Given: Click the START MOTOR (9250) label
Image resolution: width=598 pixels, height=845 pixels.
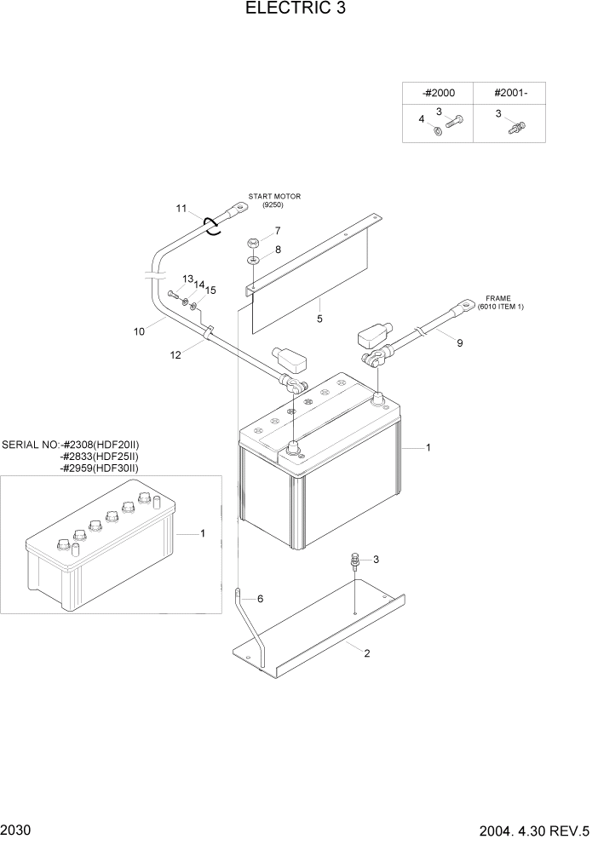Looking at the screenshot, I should [274, 201].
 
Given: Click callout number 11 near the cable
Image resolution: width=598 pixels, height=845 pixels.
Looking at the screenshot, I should [181, 208].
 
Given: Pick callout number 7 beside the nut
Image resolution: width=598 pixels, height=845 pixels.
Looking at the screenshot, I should [277, 231].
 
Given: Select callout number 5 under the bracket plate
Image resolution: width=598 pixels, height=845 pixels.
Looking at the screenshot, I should [319, 319].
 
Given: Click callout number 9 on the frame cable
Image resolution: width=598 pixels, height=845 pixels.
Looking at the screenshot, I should [460, 344].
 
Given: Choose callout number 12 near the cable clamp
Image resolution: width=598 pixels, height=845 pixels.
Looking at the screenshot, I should [175, 355].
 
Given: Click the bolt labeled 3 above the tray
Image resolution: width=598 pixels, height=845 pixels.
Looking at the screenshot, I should [354, 560].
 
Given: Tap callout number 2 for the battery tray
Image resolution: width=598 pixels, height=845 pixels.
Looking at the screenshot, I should [366, 653].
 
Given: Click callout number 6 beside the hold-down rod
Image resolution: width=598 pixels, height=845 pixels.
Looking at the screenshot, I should [260, 599].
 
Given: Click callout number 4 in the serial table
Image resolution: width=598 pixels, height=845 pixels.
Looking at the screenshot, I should [421, 119].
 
